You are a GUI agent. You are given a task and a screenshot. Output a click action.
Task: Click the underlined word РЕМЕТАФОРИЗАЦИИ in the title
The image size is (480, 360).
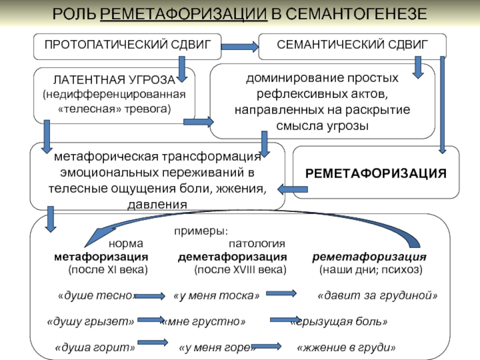coord(184,14)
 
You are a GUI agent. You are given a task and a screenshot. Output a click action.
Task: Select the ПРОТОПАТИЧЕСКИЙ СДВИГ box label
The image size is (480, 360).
coord(128,44)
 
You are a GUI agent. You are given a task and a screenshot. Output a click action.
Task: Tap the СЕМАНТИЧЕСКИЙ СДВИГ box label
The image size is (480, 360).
coord(352,44)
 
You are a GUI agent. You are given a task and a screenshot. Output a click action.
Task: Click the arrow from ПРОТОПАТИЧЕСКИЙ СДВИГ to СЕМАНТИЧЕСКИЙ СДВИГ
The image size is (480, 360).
coord(239,47)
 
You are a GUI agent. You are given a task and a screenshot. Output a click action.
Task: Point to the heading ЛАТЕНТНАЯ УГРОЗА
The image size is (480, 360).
coord(114,80)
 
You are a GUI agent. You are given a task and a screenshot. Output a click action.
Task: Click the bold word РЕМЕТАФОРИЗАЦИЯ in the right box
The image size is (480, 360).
coord(376,173)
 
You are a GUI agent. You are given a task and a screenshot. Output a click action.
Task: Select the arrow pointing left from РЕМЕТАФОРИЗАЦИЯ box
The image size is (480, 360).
coord(292,189)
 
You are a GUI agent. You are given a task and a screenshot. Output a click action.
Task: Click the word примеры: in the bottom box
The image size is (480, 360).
coord(201,231)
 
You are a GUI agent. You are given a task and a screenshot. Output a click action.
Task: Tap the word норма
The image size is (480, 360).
coord(126,244)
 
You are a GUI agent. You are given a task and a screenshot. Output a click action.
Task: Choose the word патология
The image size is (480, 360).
coord(257,244)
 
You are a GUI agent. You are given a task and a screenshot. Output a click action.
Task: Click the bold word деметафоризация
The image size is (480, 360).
coord(232,257)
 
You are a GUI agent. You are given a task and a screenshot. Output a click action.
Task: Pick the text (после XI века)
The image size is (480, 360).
coord(108,269)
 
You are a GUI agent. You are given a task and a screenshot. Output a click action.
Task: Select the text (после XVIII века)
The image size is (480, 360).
coord(241,269)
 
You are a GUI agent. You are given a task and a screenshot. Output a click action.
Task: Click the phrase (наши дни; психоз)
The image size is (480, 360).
coord(371,269)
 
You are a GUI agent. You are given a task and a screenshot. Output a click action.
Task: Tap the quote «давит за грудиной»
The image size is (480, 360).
coord(377,295)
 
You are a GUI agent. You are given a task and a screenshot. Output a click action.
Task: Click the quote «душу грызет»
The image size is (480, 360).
coord(91,322)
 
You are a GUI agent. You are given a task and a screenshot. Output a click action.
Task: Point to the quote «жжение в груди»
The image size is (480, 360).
coord(346,347)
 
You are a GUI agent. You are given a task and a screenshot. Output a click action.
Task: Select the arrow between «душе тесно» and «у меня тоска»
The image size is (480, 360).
coord(150,296)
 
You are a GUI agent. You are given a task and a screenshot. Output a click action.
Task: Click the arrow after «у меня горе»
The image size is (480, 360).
coord(266,346)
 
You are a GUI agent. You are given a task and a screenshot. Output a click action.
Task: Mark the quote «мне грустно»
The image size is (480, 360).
coord(204,322)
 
